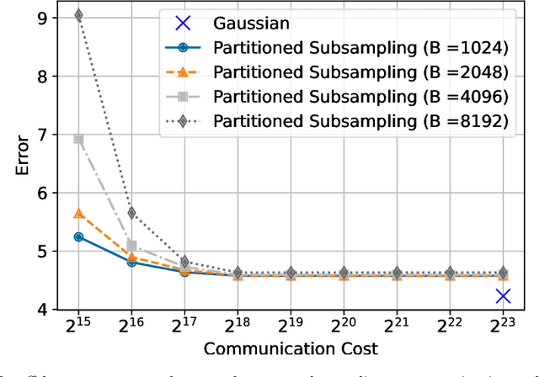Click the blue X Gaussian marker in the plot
click(x=503, y=296)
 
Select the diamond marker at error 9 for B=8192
click(x=78, y=15)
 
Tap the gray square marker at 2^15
click(x=78, y=139)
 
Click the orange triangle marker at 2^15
click(x=78, y=214)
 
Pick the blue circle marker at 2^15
click(x=78, y=236)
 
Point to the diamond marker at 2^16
click(x=131, y=213)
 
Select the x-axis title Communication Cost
click(x=291, y=348)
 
